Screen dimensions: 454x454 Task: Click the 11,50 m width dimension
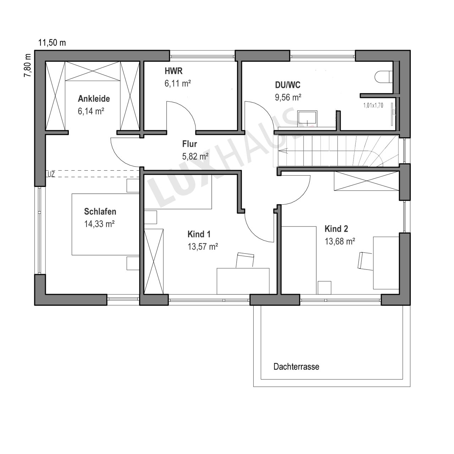click(52, 43)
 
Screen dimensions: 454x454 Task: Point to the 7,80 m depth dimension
click(27, 66)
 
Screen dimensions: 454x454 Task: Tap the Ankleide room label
click(94, 99)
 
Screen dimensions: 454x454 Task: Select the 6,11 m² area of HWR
click(178, 83)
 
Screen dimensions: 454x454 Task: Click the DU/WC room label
click(288, 85)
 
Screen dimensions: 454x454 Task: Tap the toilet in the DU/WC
click(383, 77)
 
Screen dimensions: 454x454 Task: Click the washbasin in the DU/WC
click(307, 118)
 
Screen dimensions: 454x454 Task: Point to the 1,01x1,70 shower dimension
click(373, 105)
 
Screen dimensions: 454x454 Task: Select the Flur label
click(189, 144)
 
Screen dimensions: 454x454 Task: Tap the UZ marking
click(51, 175)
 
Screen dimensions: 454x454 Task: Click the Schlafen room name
click(100, 211)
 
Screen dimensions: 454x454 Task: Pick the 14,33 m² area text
click(99, 224)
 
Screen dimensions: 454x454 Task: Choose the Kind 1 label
click(199, 234)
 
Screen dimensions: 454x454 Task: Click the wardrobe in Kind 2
click(367, 181)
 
